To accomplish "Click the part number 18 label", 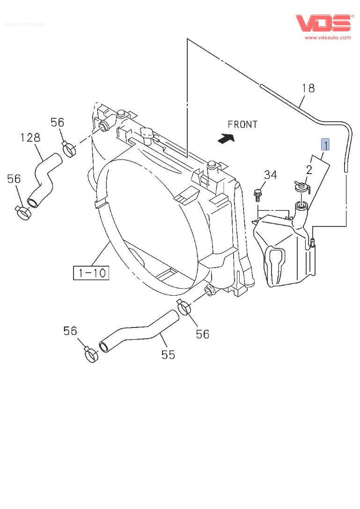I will coord(308,88).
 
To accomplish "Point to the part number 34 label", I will coord(270,175).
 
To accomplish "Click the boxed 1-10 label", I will coord(91,272).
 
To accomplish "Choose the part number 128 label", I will coord(30,138).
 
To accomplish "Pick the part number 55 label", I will coord(168,355).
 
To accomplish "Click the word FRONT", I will coord(242,124).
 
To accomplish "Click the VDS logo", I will coord(323,23).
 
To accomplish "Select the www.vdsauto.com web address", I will coord(328,37).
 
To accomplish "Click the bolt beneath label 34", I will coord(257,194).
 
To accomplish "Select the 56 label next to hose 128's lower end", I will coord(14,179).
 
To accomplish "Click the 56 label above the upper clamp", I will coord(57,123).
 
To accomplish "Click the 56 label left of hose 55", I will coord(70,331).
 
